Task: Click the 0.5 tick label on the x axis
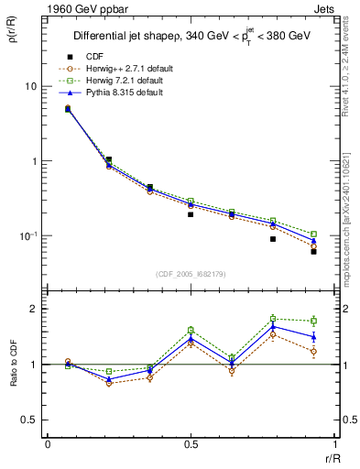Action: (x=191, y=443)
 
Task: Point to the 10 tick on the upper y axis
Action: (x=31, y=86)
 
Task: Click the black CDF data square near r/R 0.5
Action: (x=191, y=214)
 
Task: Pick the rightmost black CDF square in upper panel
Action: (x=313, y=251)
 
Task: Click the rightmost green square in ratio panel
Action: (x=313, y=321)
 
